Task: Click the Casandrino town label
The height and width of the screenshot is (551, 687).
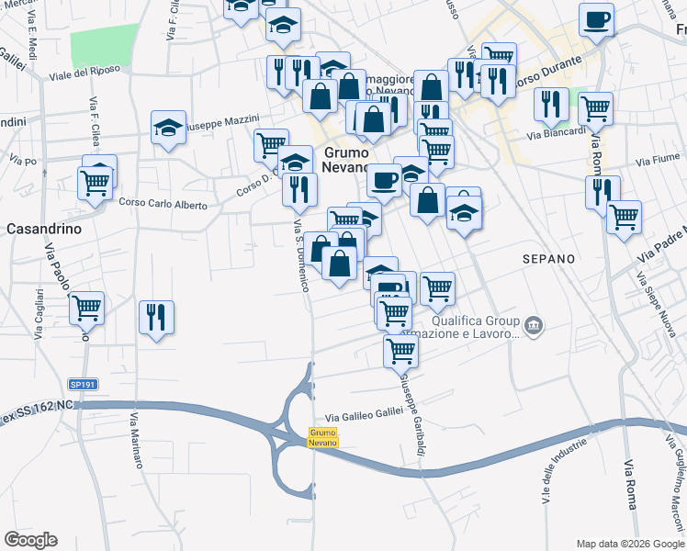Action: tap(45, 228)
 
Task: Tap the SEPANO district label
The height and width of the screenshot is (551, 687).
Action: tap(548, 259)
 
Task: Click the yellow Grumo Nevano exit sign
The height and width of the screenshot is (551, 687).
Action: tap(322, 437)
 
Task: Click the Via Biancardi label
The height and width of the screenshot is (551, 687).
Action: tap(556, 134)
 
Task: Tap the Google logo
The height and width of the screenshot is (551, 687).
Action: tap(30, 540)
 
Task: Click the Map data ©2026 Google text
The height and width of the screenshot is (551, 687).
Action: tap(629, 543)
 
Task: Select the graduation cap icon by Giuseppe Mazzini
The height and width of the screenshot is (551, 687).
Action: tap(169, 129)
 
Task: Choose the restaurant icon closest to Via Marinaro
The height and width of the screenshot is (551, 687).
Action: tap(156, 317)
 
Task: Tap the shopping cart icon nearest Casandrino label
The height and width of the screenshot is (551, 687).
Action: tap(98, 182)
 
